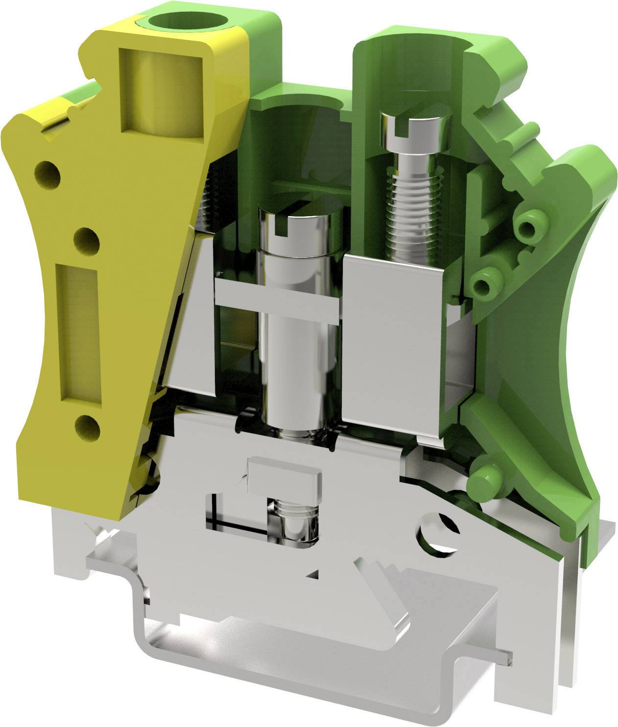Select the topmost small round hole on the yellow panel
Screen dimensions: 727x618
pos(48,174)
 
